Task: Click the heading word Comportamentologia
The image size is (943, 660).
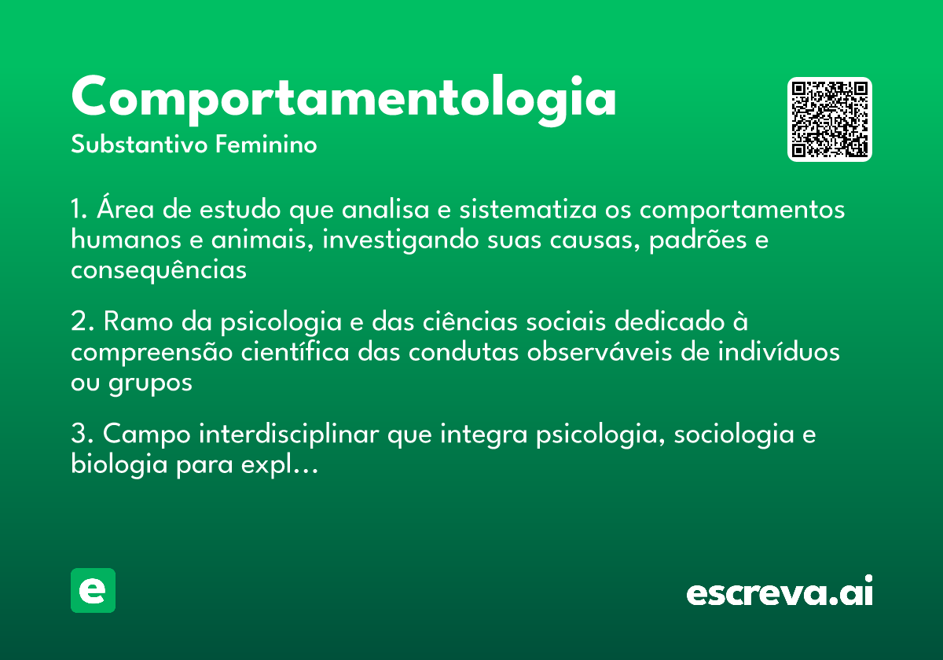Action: (x=343, y=97)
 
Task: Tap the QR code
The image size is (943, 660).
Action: (x=830, y=119)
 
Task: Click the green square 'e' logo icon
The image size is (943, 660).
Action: (x=93, y=590)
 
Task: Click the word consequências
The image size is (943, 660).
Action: (x=159, y=269)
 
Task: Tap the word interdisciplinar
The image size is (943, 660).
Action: (x=292, y=434)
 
